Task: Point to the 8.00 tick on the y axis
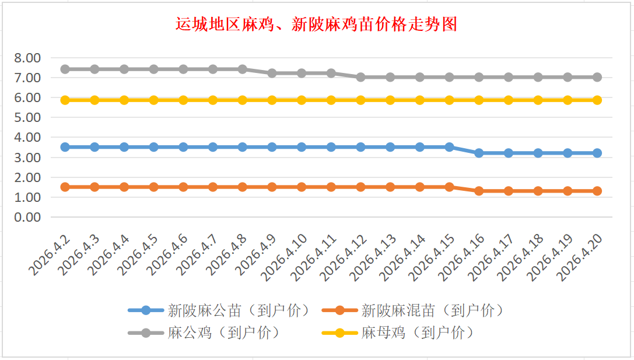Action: pyautogui.click(x=27, y=58)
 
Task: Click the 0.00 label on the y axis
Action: pyautogui.click(x=27, y=217)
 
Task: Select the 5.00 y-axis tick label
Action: pyautogui.click(x=27, y=117)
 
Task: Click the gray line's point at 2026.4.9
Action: pyautogui.click(x=272, y=73)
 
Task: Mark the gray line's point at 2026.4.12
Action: pyautogui.click(x=360, y=77)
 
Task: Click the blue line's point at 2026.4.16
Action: pyautogui.click(x=479, y=153)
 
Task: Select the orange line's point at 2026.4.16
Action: pyautogui.click(x=479, y=191)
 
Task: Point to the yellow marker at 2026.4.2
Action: pyautogui.click(x=65, y=100)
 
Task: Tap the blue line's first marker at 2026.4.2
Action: pyautogui.click(x=65, y=147)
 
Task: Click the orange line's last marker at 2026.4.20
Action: pyautogui.click(x=597, y=191)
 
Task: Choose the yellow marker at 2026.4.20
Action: pyautogui.click(x=597, y=100)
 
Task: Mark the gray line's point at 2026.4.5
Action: pyautogui.click(x=154, y=69)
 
